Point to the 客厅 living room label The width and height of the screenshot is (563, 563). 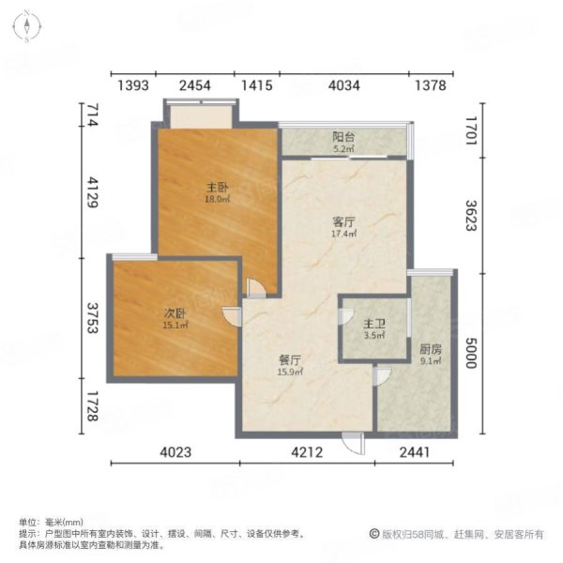pos(345,221)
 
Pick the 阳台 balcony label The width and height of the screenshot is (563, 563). pos(343,136)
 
